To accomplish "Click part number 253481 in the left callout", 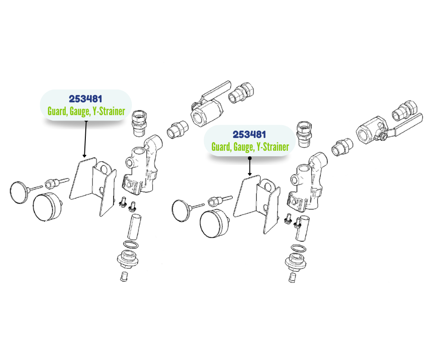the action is [x=85, y=99].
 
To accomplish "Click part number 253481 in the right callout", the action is [x=249, y=134].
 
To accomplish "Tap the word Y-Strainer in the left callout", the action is [x=109, y=111].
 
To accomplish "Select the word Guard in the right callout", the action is [x=222, y=147].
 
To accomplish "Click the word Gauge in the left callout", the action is [x=79, y=111].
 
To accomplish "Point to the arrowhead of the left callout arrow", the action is [x=84, y=156].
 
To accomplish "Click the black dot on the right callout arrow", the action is [x=250, y=158].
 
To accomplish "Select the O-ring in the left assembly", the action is [x=131, y=244].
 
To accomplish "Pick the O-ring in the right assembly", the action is [x=298, y=249].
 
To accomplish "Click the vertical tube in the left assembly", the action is [x=134, y=227].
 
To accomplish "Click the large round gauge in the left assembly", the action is [x=47, y=207].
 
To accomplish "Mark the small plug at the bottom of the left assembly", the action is [x=124, y=276].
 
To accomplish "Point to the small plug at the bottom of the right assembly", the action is [x=292, y=277].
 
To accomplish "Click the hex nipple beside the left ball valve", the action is [x=177, y=129].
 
